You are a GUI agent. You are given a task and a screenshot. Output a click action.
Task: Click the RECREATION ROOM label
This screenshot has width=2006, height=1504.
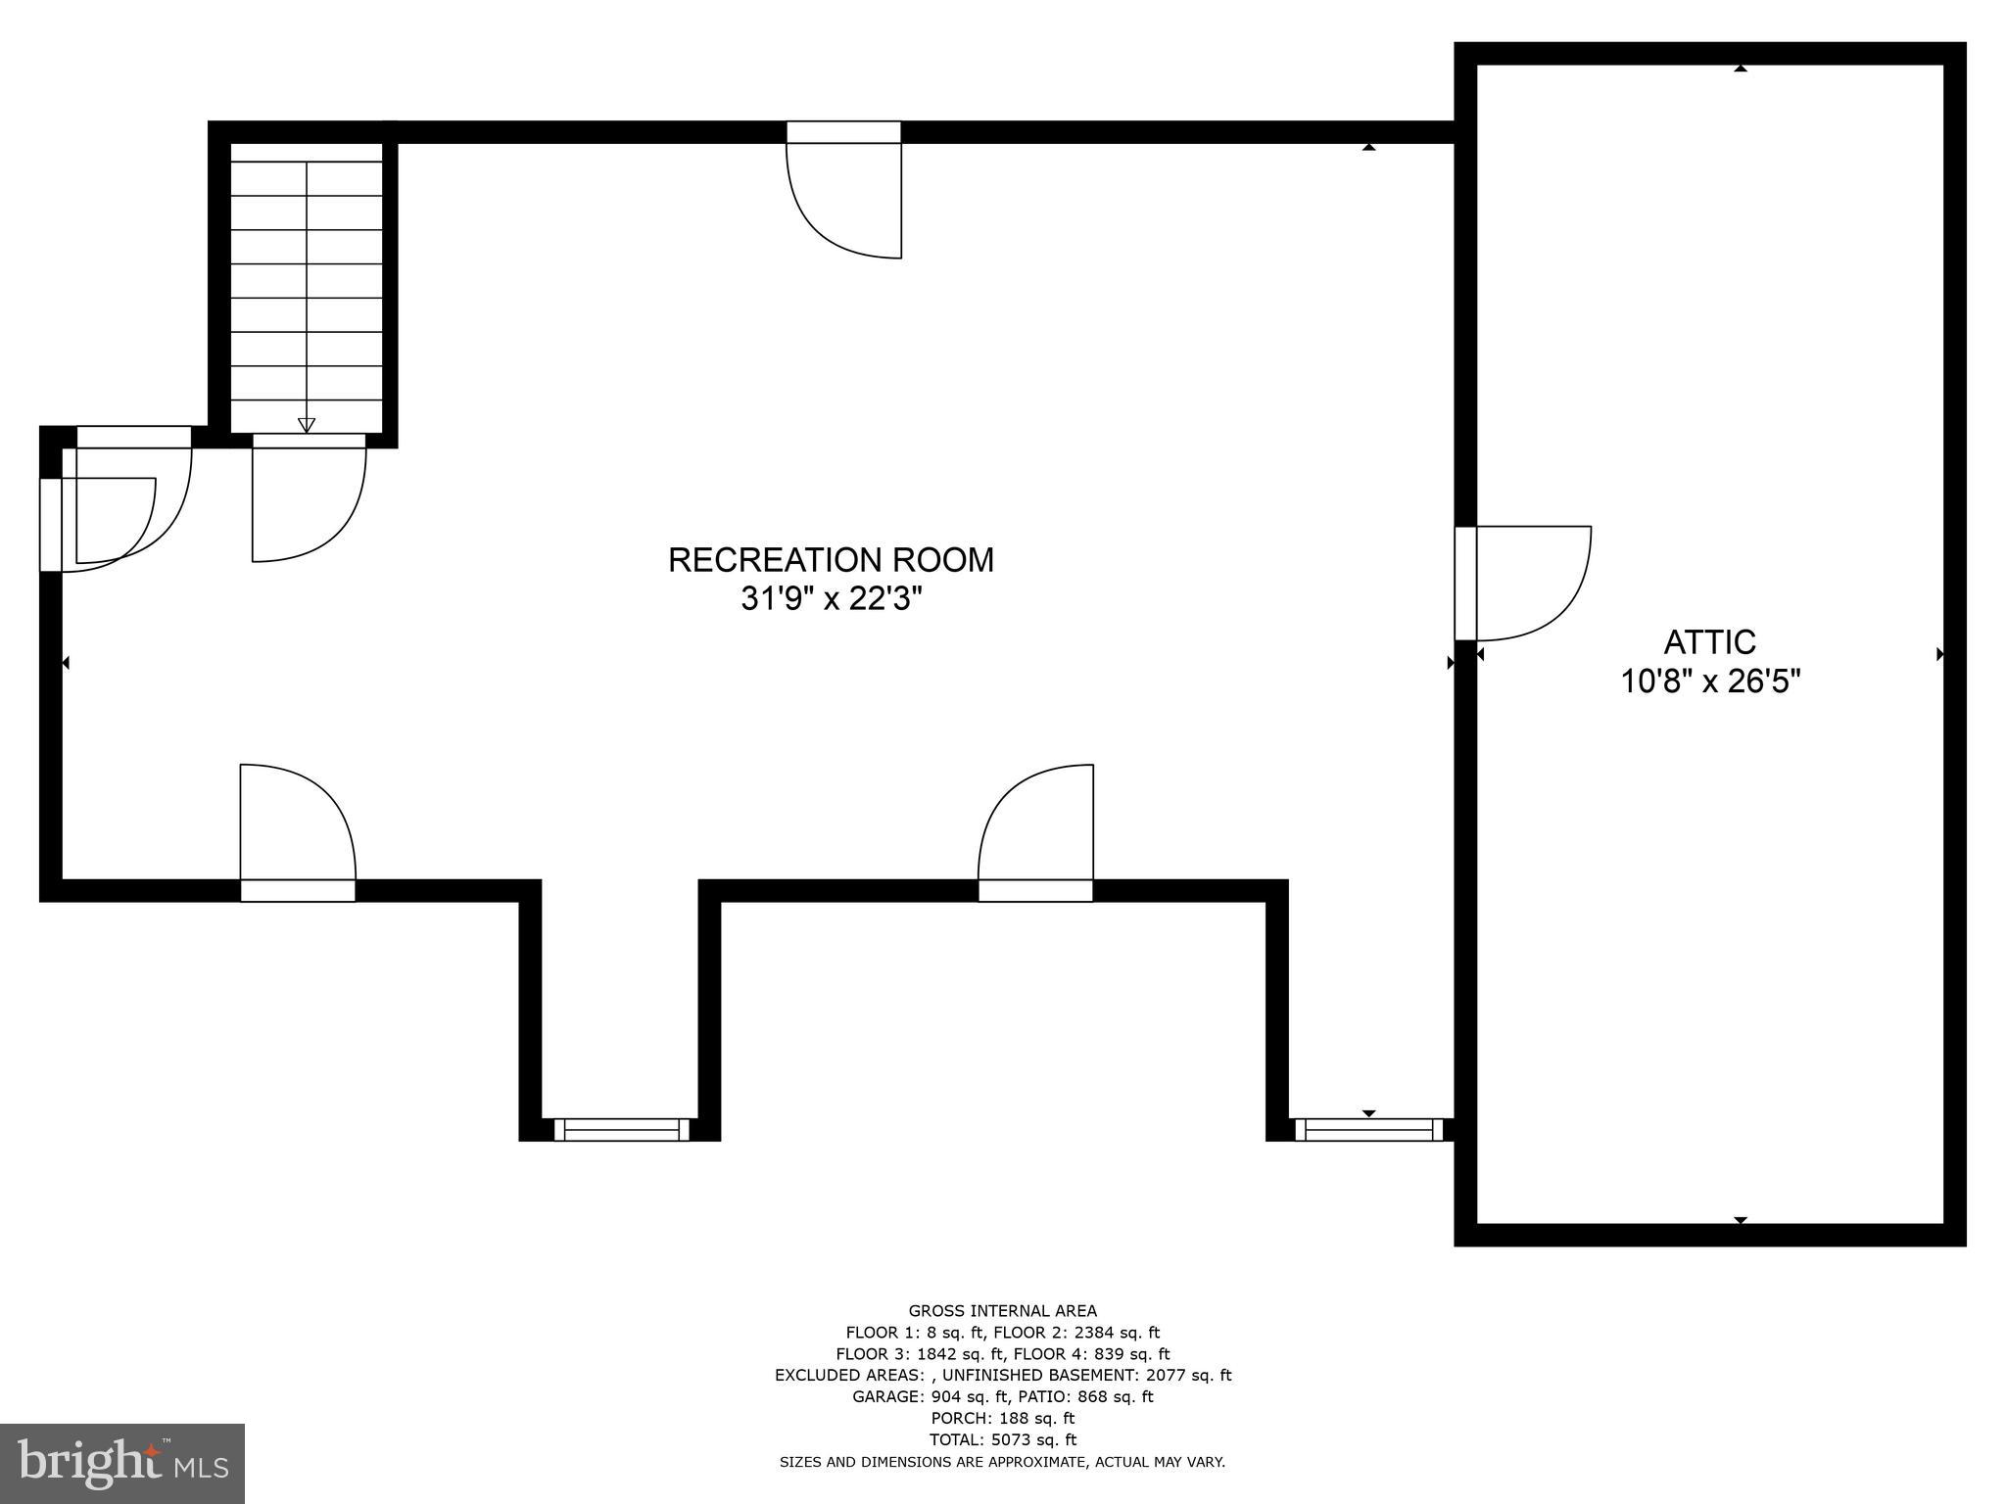click(x=831, y=560)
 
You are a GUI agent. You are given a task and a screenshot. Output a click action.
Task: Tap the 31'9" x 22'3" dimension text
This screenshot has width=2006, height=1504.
click(x=831, y=598)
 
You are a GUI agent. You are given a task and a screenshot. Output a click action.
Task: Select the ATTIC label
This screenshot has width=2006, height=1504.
click(x=1710, y=642)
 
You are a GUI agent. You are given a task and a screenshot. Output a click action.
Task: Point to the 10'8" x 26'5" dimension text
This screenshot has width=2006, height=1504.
click(x=1710, y=681)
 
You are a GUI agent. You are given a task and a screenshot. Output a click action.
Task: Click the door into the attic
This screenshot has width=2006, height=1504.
click(x=1528, y=584)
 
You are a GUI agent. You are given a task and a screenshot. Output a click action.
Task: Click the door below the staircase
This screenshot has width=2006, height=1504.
click(x=309, y=499)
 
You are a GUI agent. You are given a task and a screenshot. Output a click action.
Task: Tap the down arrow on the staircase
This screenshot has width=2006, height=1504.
click(x=307, y=425)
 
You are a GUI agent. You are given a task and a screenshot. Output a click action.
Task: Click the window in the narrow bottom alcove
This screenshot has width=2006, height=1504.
click(x=622, y=1130)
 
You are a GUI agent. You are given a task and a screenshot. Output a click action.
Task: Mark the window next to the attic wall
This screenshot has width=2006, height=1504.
click(x=1368, y=1130)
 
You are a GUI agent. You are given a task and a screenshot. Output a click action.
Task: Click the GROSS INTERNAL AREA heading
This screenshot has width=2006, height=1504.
click(x=1002, y=1311)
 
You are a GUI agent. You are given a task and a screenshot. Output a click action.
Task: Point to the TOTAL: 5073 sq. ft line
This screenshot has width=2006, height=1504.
click(x=1002, y=1439)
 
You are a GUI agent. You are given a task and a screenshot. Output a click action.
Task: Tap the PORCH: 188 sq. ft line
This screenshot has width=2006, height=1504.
click(x=1002, y=1418)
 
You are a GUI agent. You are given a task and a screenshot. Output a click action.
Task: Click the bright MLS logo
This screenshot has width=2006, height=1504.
click(x=121, y=1464)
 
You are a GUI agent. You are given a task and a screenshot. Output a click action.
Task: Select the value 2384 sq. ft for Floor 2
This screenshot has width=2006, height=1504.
click(x=1117, y=1333)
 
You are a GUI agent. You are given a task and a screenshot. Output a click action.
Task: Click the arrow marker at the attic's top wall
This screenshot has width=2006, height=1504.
click(x=1741, y=68)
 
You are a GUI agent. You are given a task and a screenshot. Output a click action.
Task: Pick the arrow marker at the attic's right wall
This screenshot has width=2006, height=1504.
click(x=1940, y=654)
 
